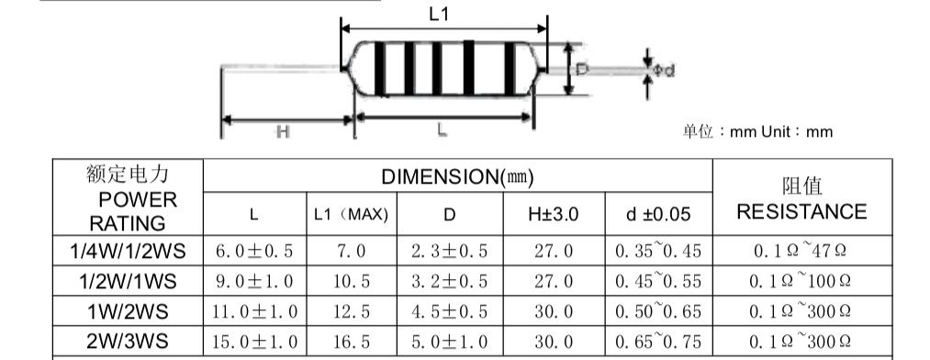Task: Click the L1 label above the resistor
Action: [438, 14]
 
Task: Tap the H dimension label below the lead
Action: [283, 131]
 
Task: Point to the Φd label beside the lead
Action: [664, 71]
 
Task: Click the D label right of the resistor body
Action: [582, 70]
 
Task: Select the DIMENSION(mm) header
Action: [457, 176]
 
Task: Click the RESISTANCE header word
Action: [801, 212]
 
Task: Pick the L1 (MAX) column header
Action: [351, 214]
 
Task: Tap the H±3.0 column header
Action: [554, 214]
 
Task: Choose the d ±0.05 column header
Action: [658, 214]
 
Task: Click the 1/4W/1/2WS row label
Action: [129, 252]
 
